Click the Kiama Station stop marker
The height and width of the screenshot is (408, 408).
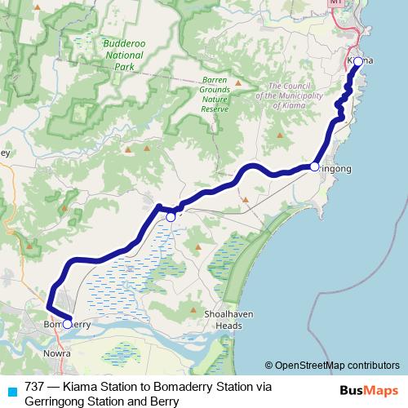[x=357, y=61]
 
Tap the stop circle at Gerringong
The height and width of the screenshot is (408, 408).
[x=314, y=166]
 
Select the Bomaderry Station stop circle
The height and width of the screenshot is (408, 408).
[x=68, y=324]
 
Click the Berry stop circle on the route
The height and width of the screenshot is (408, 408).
[x=171, y=217]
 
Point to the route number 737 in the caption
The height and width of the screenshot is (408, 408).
[x=35, y=387]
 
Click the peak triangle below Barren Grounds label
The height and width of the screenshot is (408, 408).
[x=237, y=82]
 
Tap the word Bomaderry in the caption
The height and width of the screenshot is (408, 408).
[x=185, y=387]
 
